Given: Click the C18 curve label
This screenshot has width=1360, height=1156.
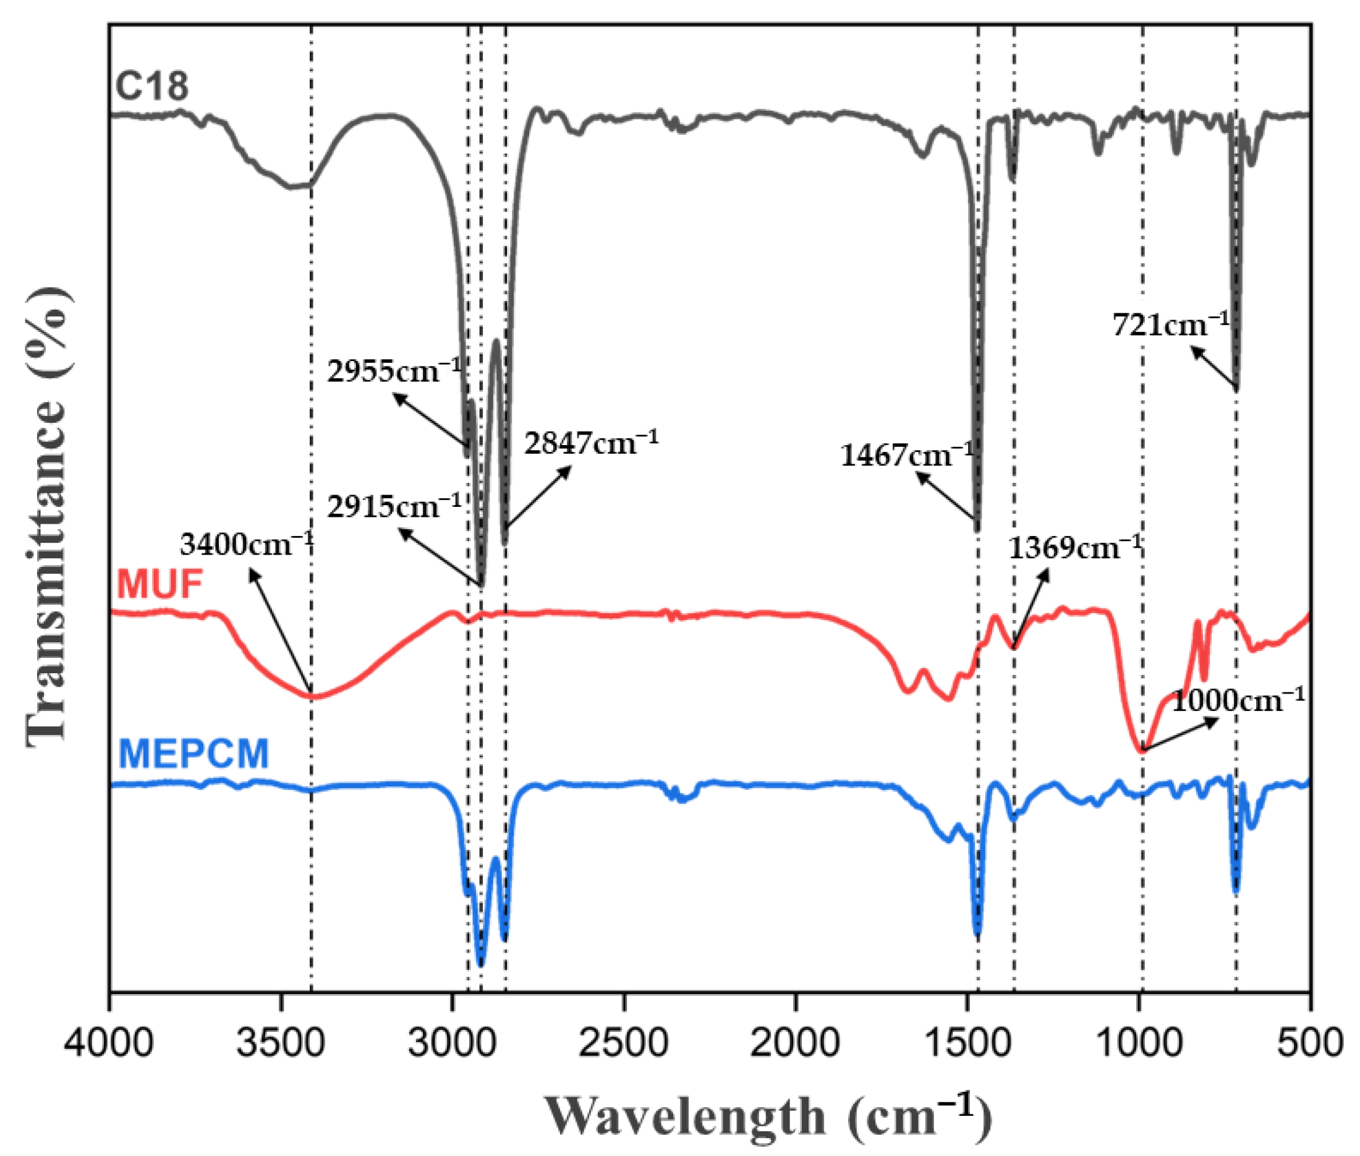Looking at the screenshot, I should tap(152, 87).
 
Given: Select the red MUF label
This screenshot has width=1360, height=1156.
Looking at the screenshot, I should tap(159, 584).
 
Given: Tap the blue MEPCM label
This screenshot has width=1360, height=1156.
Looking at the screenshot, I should tap(194, 753).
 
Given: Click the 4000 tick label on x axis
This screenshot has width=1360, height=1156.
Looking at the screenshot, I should tap(109, 1042).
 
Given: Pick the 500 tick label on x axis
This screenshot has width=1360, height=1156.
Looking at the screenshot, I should tap(1310, 1042).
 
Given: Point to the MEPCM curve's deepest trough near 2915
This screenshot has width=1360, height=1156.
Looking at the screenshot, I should tap(481, 964).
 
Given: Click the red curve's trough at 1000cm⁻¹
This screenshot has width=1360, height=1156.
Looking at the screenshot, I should tap(1142, 751).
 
